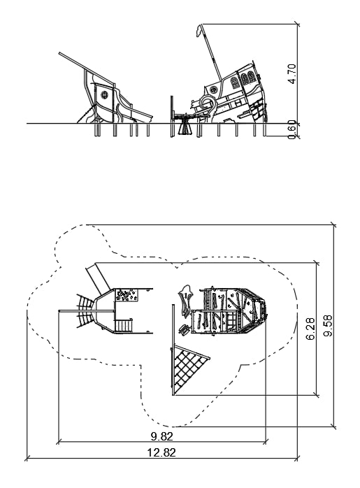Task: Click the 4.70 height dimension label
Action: (x=292, y=74)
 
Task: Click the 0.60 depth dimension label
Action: (x=292, y=130)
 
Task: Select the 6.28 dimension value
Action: (x=310, y=329)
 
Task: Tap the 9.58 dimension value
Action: (x=328, y=326)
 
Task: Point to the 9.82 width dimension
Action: (x=161, y=436)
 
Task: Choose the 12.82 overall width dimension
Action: (x=161, y=452)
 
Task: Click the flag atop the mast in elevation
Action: (x=199, y=31)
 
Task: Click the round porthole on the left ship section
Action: (x=104, y=94)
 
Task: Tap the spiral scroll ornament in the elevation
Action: (x=208, y=104)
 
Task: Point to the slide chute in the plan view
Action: (x=98, y=278)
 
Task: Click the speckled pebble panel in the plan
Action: (x=127, y=295)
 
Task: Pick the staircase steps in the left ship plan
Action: (x=124, y=326)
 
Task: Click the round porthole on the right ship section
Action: (x=213, y=90)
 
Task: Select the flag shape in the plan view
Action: (x=186, y=301)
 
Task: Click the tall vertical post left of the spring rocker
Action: (x=171, y=116)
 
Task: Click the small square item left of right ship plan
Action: (x=184, y=329)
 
